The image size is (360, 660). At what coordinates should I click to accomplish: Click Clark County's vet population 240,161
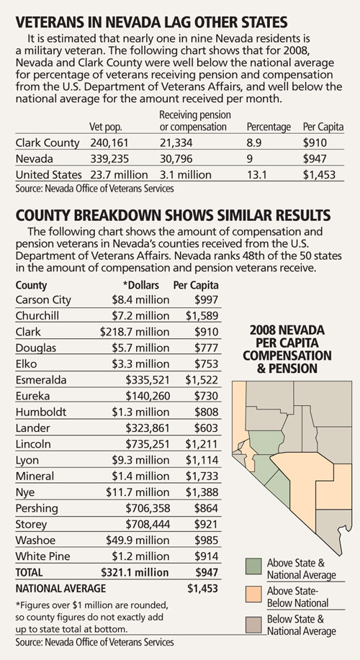point(110,143)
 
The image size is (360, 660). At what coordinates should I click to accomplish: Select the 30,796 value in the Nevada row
point(176,159)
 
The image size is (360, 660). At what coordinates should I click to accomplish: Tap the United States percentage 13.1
point(256,175)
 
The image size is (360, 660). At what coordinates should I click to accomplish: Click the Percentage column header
point(269,127)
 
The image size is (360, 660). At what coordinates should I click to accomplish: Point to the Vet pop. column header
point(106,127)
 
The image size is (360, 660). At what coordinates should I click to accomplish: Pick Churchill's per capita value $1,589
point(202,316)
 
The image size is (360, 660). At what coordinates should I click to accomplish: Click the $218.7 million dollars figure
point(135,332)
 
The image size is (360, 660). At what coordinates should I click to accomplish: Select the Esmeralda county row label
point(41,380)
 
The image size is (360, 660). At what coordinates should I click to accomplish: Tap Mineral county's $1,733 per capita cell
point(202,476)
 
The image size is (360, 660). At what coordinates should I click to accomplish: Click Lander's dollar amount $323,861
point(148,428)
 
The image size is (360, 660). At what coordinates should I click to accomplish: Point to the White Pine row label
point(43,556)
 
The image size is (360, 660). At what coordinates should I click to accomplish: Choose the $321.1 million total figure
point(135,572)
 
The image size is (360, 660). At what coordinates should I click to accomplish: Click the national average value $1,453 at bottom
point(202,588)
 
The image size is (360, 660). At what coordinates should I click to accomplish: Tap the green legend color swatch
point(254,566)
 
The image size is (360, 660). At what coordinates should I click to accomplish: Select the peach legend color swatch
point(254,595)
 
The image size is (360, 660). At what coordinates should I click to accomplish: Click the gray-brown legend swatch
point(254,623)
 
